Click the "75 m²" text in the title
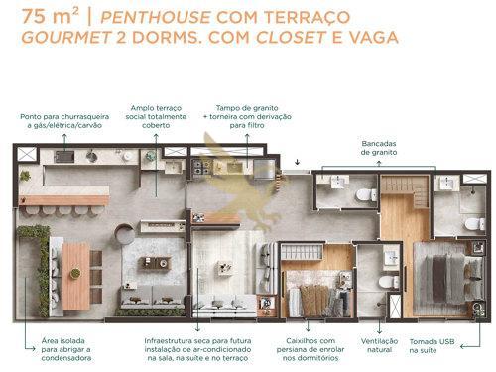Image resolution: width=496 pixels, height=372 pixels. click(51, 16)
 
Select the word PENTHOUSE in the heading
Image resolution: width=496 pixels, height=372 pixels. click(156, 17)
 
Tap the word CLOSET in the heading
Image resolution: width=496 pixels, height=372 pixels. click(292, 37)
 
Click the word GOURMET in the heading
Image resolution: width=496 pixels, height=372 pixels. click(66, 37)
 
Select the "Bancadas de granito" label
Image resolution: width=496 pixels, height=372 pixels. click(379, 148)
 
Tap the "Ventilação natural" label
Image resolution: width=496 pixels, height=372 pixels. click(379, 345)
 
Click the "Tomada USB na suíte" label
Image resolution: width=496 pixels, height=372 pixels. click(432, 346)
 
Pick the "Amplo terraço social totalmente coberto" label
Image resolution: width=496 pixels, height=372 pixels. click(156, 117)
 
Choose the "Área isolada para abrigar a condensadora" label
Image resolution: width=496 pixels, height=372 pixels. click(66, 349)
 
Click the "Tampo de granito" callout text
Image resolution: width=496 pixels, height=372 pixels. click(247, 108)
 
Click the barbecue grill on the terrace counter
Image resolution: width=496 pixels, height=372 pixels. click(64, 157)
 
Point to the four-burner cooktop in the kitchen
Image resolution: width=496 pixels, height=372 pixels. click(201, 167)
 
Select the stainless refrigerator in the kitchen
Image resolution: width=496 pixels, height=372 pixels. click(264, 169)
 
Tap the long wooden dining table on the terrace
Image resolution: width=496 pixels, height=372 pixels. click(75, 276)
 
